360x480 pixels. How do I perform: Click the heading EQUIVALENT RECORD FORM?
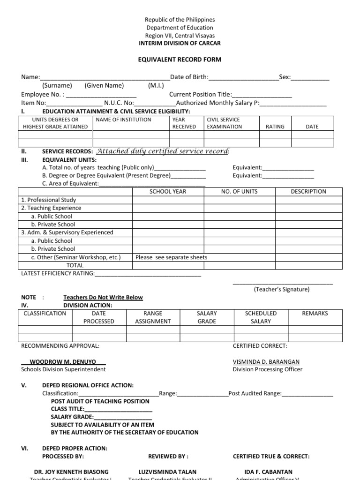pyautogui.click(x=180, y=60)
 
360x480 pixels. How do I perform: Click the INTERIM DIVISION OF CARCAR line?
pyautogui.click(x=180, y=44)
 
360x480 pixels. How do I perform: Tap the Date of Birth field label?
pyautogui.click(x=189, y=77)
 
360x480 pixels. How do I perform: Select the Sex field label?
pyautogui.click(x=285, y=77)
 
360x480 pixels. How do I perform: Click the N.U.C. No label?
pyautogui.click(x=119, y=103)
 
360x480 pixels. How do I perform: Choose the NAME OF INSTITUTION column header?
pyautogui.click(x=123, y=120)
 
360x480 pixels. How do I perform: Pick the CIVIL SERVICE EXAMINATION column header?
pyautogui.click(x=224, y=123)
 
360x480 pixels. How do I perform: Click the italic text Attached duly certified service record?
pyautogui.click(x=162, y=151)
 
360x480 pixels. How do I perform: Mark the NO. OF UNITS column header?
pyautogui.click(x=239, y=191)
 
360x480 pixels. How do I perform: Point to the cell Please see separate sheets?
pyautogui.click(x=171, y=257)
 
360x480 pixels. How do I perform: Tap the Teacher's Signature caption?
pyautogui.click(x=282, y=289)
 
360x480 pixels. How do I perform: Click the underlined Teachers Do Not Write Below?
pyautogui.click(x=103, y=297)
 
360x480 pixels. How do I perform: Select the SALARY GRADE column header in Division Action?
pyautogui.click(x=207, y=317)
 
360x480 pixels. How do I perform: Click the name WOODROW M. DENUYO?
pyautogui.click(x=63, y=362)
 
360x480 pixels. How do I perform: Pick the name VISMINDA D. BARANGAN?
pyautogui.click(x=266, y=362)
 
